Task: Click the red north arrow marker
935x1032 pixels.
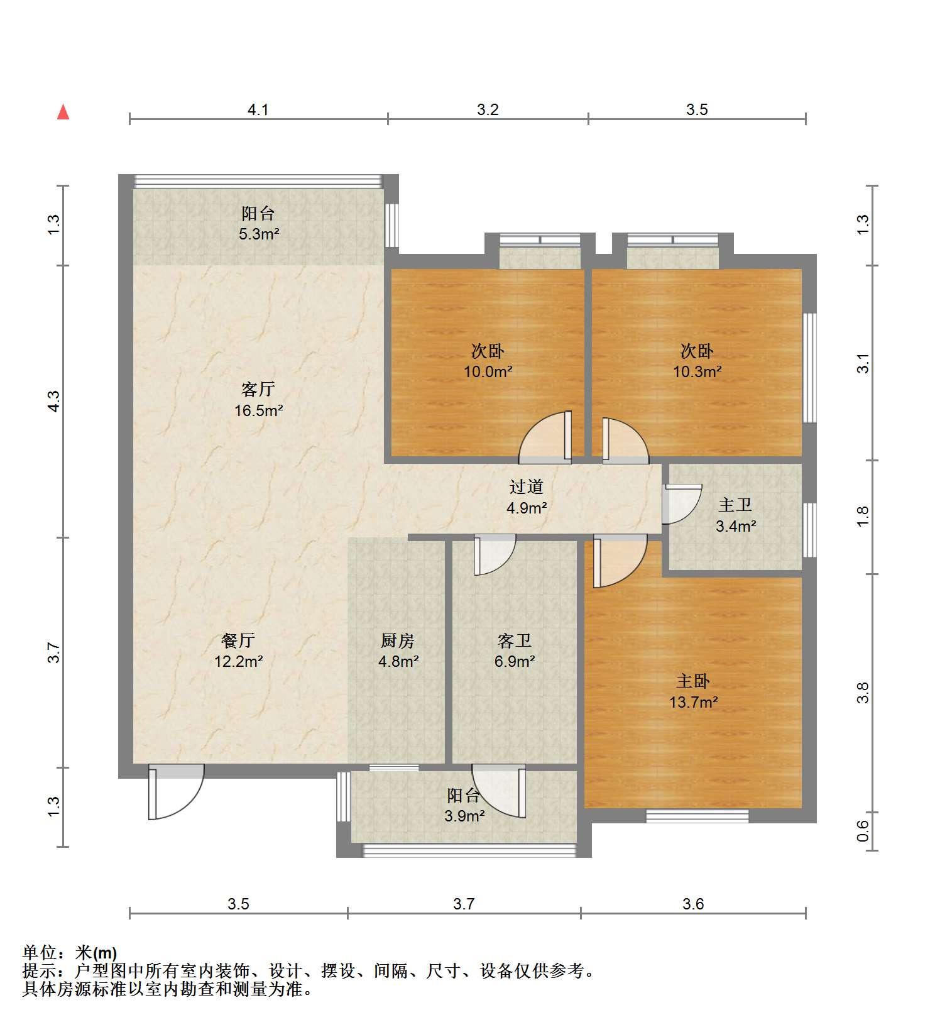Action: pyautogui.click(x=63, y=112)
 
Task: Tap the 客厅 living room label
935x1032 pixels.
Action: pyautogui.click(x=258, y=389)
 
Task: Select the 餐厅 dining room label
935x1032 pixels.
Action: pyautogui.click(x=238, y=640)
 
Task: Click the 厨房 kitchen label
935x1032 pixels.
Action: pyautogui.click(x=398, y=640)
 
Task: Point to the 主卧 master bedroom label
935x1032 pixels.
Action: pyautogui.click(x=693, y=681)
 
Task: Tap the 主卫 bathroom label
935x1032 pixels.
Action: pyautogui.click(x=735, y=505)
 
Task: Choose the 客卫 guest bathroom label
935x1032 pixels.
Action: pyautogui.click(x=515, y=640)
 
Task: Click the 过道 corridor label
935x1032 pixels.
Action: pyautogui.click(x=526, y=486)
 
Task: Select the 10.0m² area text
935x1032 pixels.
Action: pyautogui.click(x=488, y=371)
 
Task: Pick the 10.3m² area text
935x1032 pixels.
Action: pyautogui.click(x=697, y=371)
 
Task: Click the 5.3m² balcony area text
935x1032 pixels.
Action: pyautogui.click(x=258, y=234)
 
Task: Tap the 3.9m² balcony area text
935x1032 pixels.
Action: pyautogui.click(x=464, y=816)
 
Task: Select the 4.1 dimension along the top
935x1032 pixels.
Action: pyautogui.click(x=258, y=110)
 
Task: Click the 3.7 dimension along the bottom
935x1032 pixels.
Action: pyautogui.click(x=464, y=904)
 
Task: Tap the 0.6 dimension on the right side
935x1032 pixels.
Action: pyautogui.click(x=863, y=831)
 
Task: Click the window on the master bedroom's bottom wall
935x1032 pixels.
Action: pyautogui.click(x=697, y=816)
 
